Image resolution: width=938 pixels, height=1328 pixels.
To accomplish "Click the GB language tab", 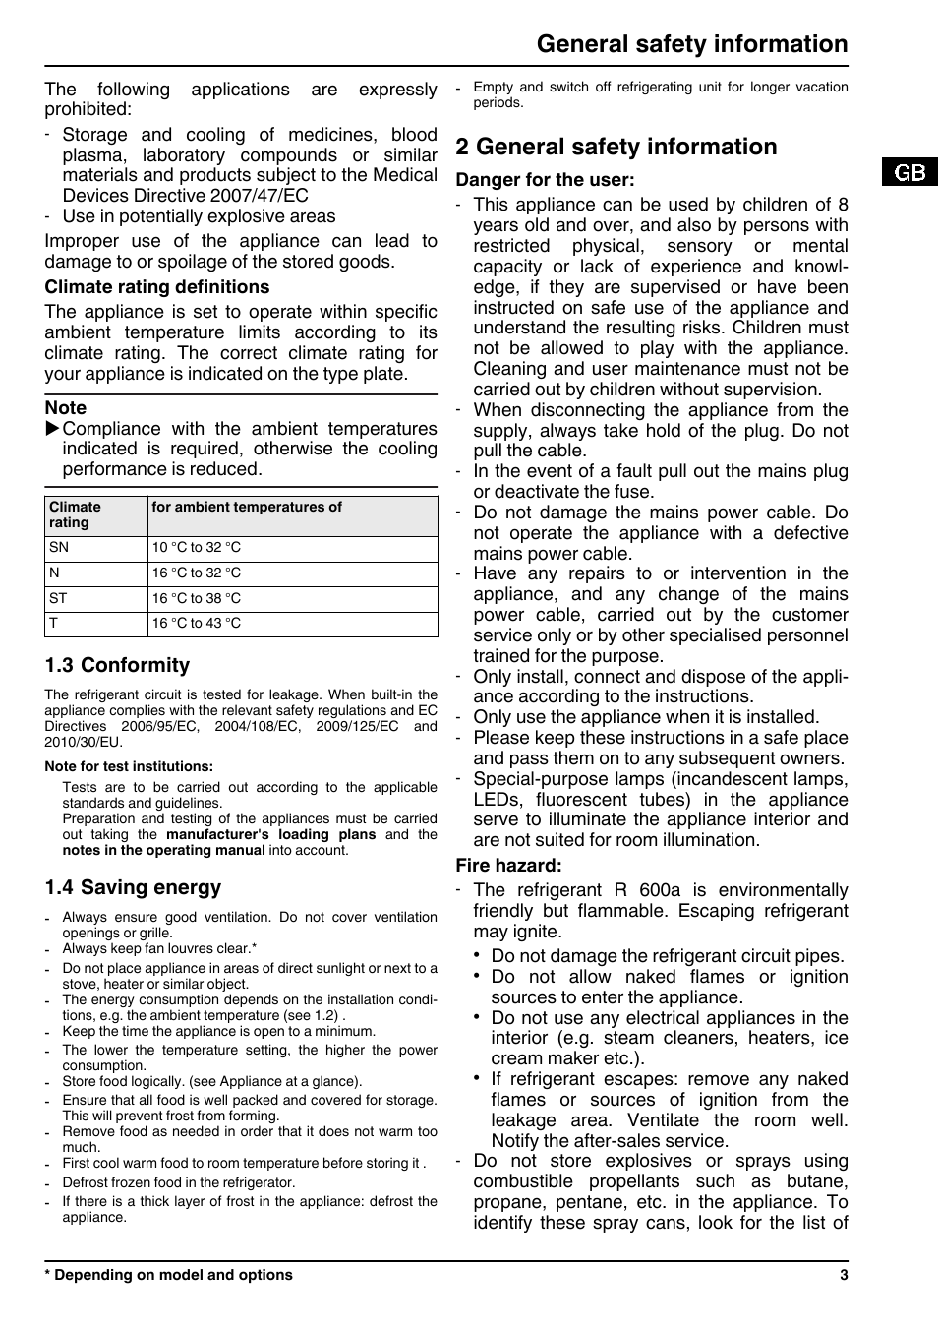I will [910, 172].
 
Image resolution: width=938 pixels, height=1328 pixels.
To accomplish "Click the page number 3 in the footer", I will [844, 1275].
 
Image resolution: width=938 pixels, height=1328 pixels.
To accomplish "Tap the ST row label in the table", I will [58, 598].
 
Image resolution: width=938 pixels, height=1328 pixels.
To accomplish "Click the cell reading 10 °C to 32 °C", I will [197, 548].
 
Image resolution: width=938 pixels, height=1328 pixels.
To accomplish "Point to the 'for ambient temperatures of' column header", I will [247, 508].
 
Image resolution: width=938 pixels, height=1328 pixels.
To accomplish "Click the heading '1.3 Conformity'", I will [117, 666].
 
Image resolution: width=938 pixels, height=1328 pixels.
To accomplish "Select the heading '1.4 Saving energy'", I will [133, 887].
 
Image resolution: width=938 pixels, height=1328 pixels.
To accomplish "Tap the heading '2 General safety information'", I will [616, 147].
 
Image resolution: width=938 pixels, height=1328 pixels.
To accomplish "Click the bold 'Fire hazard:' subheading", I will [508, 866].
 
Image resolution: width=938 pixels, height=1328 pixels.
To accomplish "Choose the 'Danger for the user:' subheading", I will [545, 180].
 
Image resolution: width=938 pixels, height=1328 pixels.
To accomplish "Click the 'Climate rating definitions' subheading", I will [156, 287].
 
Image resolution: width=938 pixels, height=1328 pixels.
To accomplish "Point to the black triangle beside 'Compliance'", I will [53, 429].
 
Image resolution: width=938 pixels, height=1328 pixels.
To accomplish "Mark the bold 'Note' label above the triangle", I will [65, 408].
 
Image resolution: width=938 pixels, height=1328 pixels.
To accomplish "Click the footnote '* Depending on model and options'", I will [168, 1275].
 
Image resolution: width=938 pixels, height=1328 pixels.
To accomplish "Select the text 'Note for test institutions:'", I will [129, 766].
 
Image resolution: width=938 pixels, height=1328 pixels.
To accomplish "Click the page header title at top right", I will [692, 44].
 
